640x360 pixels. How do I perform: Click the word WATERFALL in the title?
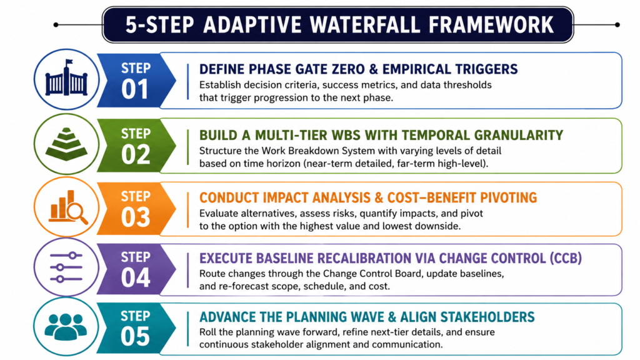point(364,24)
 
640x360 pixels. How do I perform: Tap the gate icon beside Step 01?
point(66,79)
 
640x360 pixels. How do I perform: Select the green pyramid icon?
point(66,144)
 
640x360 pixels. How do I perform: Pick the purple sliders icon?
point(66,267)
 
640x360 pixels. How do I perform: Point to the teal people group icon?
point(66,326)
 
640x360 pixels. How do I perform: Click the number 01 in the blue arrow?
point(135,89)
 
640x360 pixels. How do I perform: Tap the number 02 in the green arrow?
point(135,155)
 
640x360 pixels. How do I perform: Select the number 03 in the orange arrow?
point(135,217)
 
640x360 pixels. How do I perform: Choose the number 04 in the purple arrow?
point(135,277)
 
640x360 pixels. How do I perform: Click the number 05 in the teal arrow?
point(135,336)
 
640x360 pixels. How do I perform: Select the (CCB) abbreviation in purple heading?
point(565,258)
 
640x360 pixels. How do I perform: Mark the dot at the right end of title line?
point(617,25)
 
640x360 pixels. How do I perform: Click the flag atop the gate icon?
point(69,62)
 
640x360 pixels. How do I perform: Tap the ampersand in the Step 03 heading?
point(379,197)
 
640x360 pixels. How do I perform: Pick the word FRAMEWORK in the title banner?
point(491,24)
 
